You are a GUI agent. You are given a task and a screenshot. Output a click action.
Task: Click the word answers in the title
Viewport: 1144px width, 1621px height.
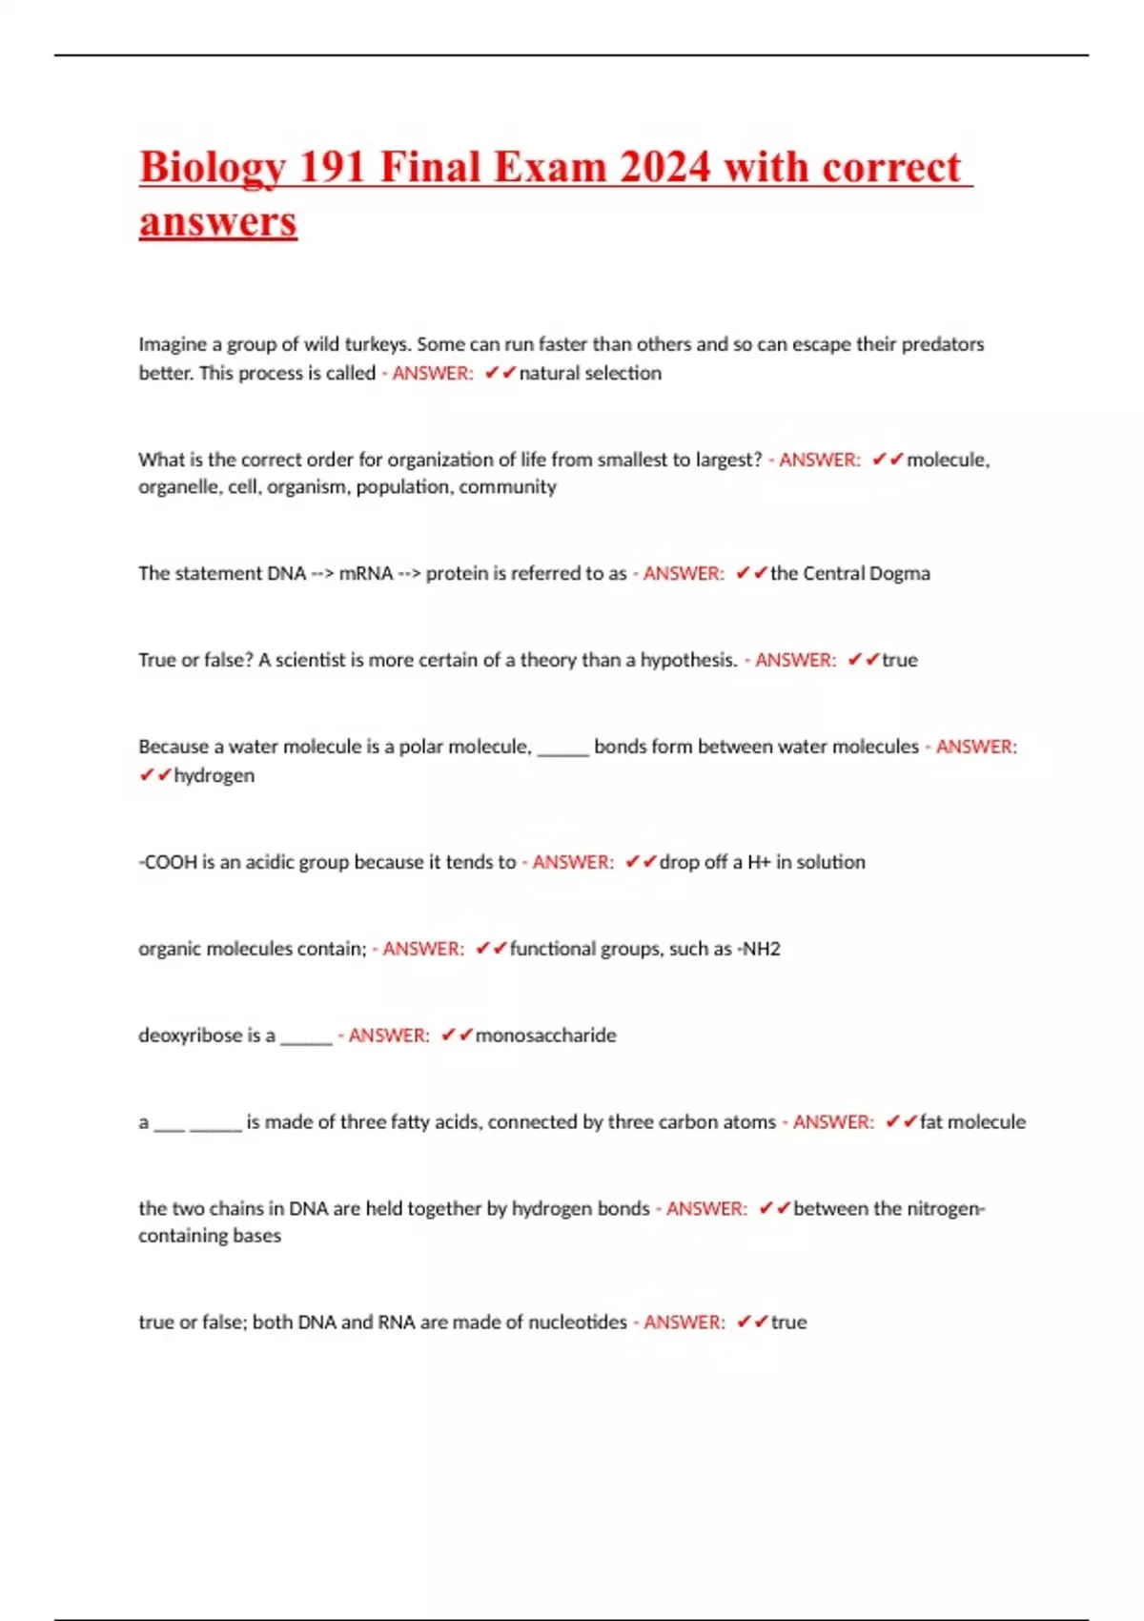[x=218, y=222]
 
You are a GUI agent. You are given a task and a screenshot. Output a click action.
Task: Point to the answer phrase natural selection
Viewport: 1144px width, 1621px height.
[x=590, y=373]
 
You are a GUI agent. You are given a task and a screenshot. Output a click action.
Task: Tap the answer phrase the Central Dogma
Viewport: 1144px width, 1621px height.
[x=849, y=573]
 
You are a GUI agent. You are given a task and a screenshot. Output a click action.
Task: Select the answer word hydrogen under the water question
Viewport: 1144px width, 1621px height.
[x=214, y=775]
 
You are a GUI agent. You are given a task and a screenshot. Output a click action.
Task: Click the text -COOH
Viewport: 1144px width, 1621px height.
[x=168, y=862]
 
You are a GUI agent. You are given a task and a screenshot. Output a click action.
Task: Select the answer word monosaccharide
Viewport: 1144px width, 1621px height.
[x=545, y=1036]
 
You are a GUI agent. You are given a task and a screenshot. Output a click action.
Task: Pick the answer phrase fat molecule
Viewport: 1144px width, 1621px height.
[x=972, y=1122]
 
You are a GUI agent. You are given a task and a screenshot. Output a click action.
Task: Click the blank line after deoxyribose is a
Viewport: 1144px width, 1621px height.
[x=306, y=1039]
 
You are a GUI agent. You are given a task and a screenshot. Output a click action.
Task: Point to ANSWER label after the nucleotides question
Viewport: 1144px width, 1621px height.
[x=684, y=1323]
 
